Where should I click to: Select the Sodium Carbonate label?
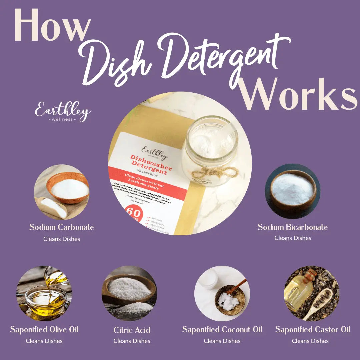click(x=62, y=227)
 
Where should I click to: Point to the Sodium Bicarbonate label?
click(x=293, y=227)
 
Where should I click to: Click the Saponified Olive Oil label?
click(x=44, y=330)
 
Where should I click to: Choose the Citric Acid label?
click(x=132, y=330)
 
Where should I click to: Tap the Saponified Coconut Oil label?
click(x=222, y=330)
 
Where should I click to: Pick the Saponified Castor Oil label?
click(x=313, y=330)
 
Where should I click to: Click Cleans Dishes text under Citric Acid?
click(x=132, y=341)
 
